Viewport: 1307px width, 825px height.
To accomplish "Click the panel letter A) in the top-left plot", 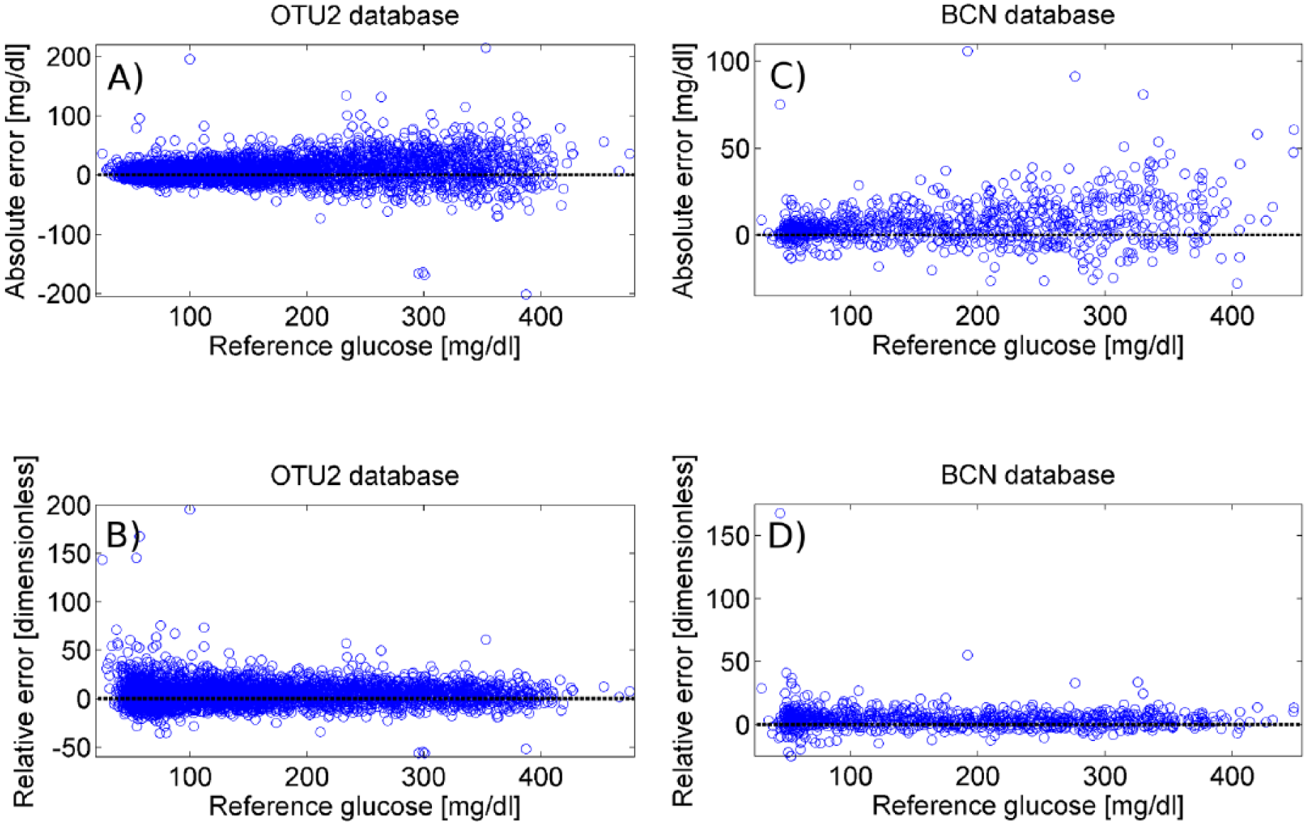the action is point(125,78).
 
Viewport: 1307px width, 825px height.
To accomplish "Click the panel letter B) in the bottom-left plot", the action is point(123,536).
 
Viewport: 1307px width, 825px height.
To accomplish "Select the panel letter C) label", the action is point(788,75).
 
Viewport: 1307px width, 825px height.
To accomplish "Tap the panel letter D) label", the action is point(787,536).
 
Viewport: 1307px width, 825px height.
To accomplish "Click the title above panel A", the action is point(364,16).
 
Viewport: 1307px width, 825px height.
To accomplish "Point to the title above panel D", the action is point(1027,475).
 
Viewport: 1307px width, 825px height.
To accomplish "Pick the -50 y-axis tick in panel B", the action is point(68,747).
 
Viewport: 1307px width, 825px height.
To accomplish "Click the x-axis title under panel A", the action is point(364,347).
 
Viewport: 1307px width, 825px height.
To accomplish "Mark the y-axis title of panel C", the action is point(683,171).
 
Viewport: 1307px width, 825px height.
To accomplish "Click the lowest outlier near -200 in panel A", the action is point(526,294).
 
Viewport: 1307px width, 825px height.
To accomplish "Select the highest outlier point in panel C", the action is point(968,51).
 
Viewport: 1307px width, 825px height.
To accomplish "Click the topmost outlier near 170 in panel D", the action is point(780,513).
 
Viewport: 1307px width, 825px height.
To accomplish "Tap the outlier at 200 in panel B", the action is point(189,509).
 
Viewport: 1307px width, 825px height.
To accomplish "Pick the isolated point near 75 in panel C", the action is point(780,105).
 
